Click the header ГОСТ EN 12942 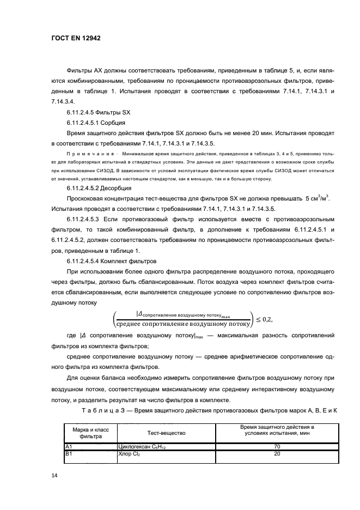[71, 39]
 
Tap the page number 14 [54, 476]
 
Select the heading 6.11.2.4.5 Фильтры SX [98, 112]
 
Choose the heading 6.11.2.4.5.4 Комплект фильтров [111, 261]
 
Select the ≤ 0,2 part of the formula [264, 318]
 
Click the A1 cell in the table [69, 447]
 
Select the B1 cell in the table [69, 453]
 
